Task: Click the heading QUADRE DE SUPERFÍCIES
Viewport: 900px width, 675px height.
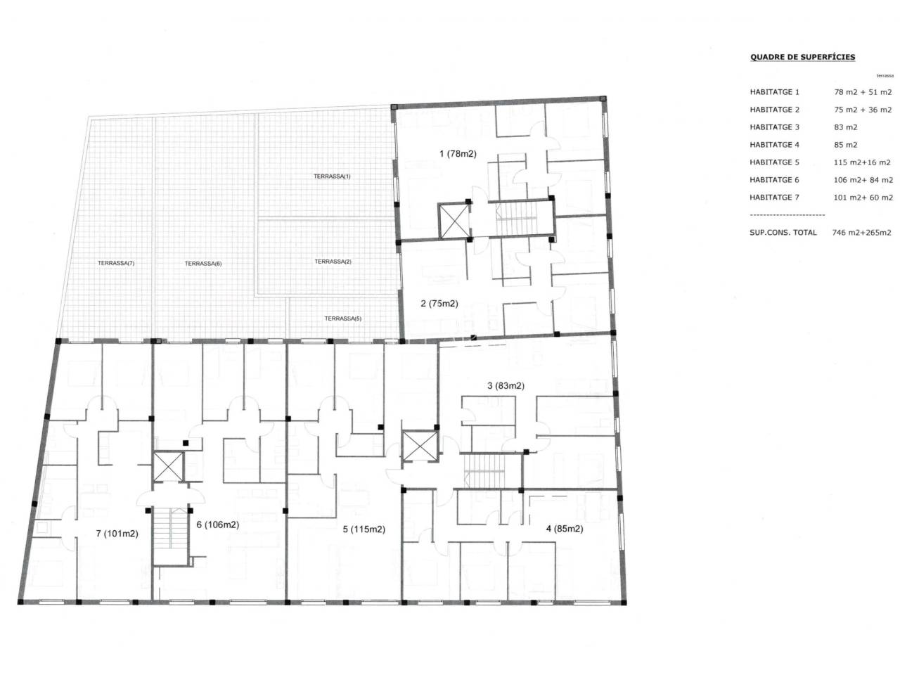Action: pyautogui.click(x=802, y=57)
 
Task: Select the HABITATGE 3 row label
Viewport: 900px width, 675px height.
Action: pyautogui.click(x=774, y=127)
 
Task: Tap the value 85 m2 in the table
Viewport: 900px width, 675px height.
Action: pyautogui.click(x=845, y=145)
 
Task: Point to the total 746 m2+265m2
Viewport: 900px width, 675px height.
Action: pyautogui.click(x=861, y=232)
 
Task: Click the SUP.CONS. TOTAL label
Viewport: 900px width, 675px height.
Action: pyautogui.click(x=783, y=232)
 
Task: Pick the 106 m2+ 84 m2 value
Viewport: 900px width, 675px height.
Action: pyautogui.click(x=863, y=180)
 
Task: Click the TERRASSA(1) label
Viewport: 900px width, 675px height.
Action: pyautogui.click(x=332, y=176)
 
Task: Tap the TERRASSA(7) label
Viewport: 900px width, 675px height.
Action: pyautogui.click(x=116, y=263)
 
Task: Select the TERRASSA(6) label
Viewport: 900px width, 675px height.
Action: pyautogui.click(x=203, y=264)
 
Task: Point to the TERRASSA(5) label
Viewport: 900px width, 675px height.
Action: pyautogui.click(x=343, y=319)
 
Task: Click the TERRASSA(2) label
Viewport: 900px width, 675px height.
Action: pyautogui.click(x=333, y=262)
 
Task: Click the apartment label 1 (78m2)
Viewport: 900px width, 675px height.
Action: pyautogui.click(x=458, y=154)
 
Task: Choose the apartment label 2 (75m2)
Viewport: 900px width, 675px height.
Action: pyautogui.click(x=439, y=304)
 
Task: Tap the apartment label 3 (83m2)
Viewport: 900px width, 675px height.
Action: pyautogui.click(x=506, y=385)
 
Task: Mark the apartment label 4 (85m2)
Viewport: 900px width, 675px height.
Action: pyautogui.click(x=564, y=529)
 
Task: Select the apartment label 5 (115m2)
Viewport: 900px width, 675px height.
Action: pyautogui.click(x=364, y=529)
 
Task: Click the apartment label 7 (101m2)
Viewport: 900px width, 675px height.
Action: pyautogui.click(x=117, y=534)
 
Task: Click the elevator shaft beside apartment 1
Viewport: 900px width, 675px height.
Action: pyautogui.click(x=454, y=221)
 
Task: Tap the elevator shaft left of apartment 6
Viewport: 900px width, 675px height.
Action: pyautogui.click(x=168, y=467)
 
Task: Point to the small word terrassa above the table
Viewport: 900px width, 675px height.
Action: pyautogui.click(x=885, y=76)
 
